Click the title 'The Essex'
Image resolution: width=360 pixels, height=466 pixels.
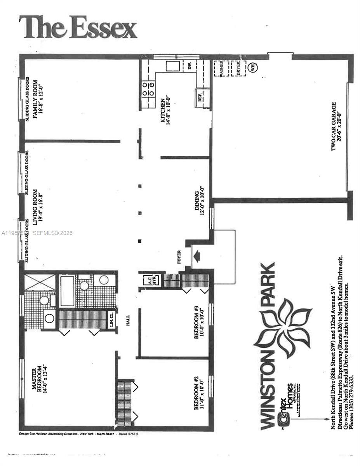[x=78, y=28]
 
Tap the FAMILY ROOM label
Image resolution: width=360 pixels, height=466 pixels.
[x=38, y=101]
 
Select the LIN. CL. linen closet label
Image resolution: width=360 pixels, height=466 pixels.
[x=111, y=319]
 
